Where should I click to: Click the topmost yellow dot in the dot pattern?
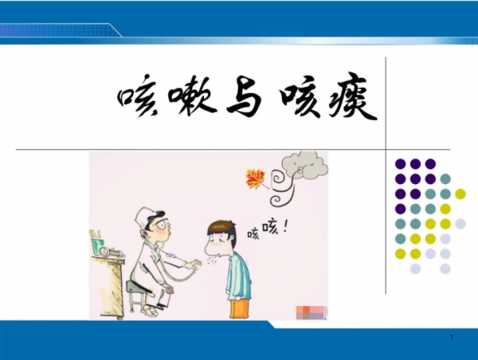tap(460, 194)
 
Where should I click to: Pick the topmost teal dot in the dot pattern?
tap(445, 178)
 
